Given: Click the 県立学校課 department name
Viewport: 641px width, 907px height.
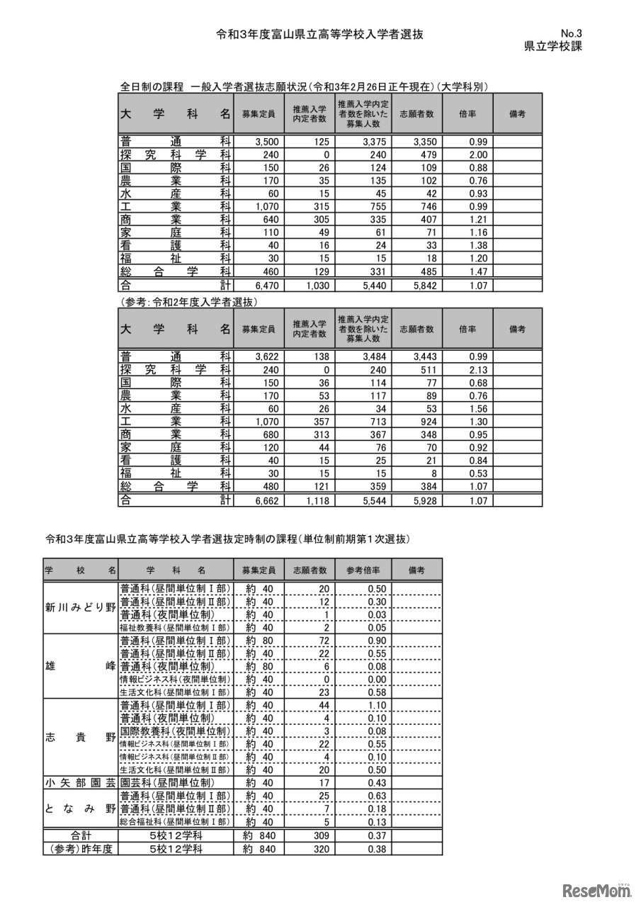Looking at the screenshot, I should click(x=553, y=47).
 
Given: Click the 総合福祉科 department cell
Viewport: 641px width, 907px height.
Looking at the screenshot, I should click(x=175, y=822).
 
